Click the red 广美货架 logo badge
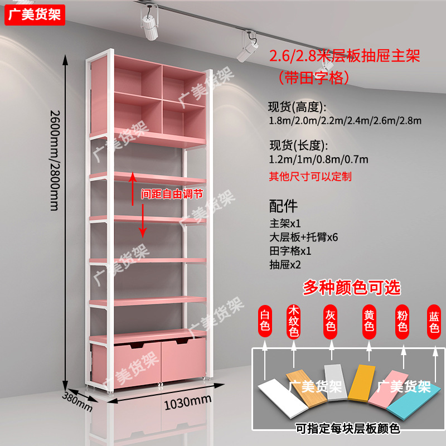click(35, 13)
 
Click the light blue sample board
click(415, 397)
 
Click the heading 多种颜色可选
click(351, 287)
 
